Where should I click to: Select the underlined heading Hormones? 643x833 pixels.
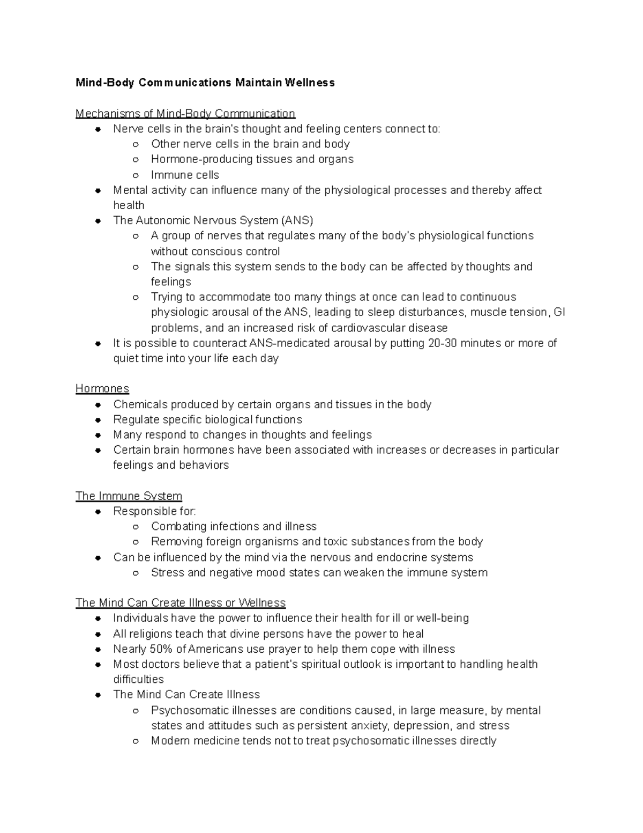point(102,388)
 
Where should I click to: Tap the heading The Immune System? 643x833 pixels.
point(129,496)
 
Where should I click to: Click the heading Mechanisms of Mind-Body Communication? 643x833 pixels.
point(185,113)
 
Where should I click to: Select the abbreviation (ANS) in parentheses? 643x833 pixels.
point(297,220)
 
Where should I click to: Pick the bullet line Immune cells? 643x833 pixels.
point(185,175)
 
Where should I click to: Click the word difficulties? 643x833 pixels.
point(138,679)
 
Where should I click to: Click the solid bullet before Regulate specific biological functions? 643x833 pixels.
point(98,420)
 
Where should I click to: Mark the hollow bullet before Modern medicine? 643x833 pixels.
point(136,741)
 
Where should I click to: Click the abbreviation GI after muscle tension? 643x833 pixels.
point(559,312)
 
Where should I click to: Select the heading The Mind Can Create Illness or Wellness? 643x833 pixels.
point(181,602)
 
